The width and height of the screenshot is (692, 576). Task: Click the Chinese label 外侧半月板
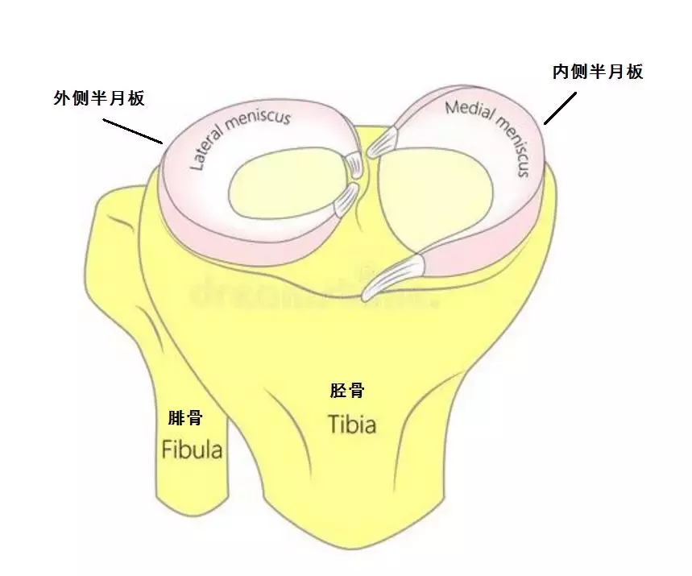coord(98,98)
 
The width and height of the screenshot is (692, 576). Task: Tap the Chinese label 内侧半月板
coord(597,72)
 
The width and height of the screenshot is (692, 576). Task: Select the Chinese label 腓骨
coord(185,418)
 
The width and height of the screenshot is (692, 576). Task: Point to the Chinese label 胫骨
coord(347,392)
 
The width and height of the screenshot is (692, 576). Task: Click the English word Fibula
coord(192,449)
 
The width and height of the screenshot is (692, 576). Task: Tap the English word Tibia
coord(352,423)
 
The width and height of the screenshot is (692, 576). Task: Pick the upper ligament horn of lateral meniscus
coord(352,165)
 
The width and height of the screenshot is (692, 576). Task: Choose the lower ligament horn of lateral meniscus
coord(346,199)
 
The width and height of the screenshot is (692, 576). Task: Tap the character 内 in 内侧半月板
coord(560,72)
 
